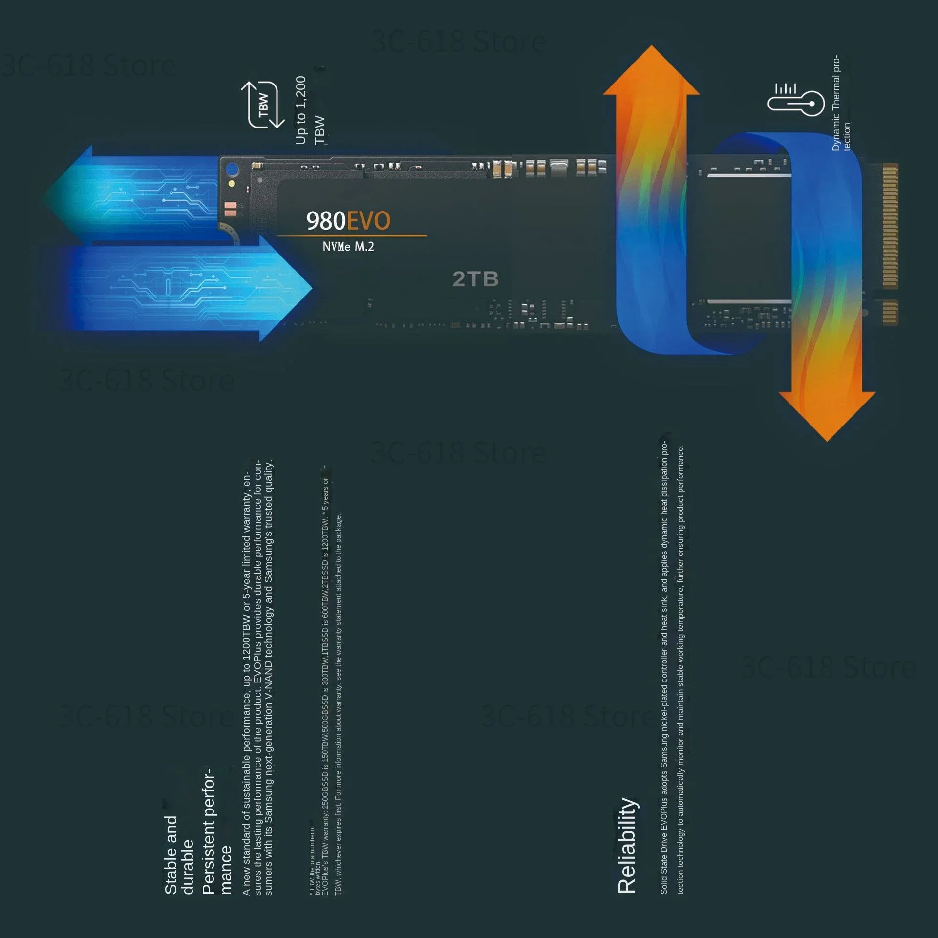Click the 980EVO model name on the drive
(348, 221)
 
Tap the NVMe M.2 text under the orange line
(348, 247)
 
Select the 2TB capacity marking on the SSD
(475, 279)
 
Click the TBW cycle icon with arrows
(263, 105)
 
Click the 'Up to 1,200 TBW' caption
(310, 110)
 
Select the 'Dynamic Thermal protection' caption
(841, 104)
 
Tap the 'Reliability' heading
(627, 845)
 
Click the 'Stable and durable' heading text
(179, 855)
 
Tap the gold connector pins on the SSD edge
(890, 226)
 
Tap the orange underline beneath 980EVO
(352, 236)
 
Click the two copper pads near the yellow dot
(231, 209)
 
